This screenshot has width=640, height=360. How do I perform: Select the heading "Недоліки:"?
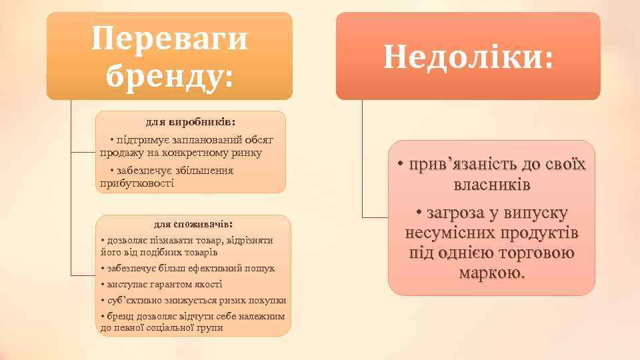coord(468,58)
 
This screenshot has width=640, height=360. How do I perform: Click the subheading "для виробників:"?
coord(191,123)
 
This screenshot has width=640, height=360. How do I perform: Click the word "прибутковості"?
coord(137,183)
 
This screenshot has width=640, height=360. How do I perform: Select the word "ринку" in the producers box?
coord(247,153)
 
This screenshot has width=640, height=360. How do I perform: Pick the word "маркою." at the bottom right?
coord(491,273)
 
